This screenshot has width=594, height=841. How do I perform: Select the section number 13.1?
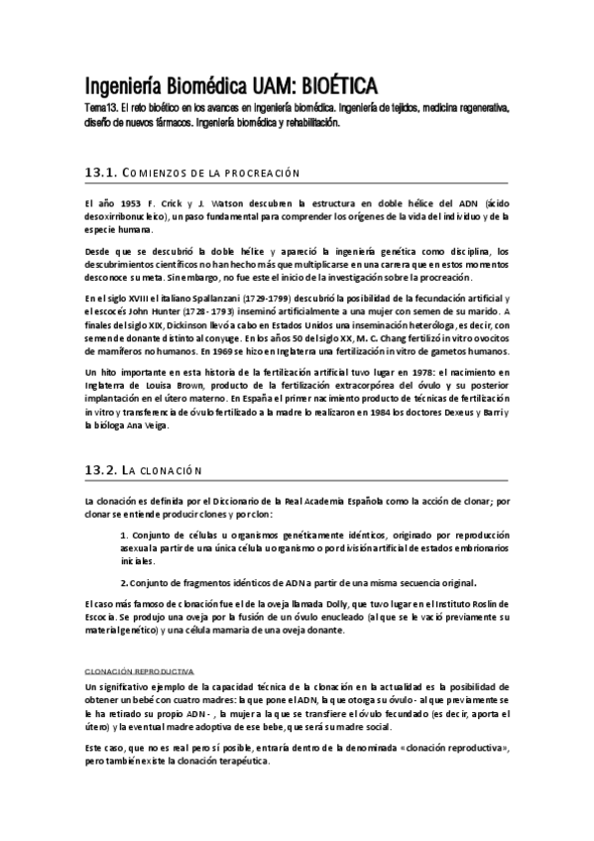(102, 173)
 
